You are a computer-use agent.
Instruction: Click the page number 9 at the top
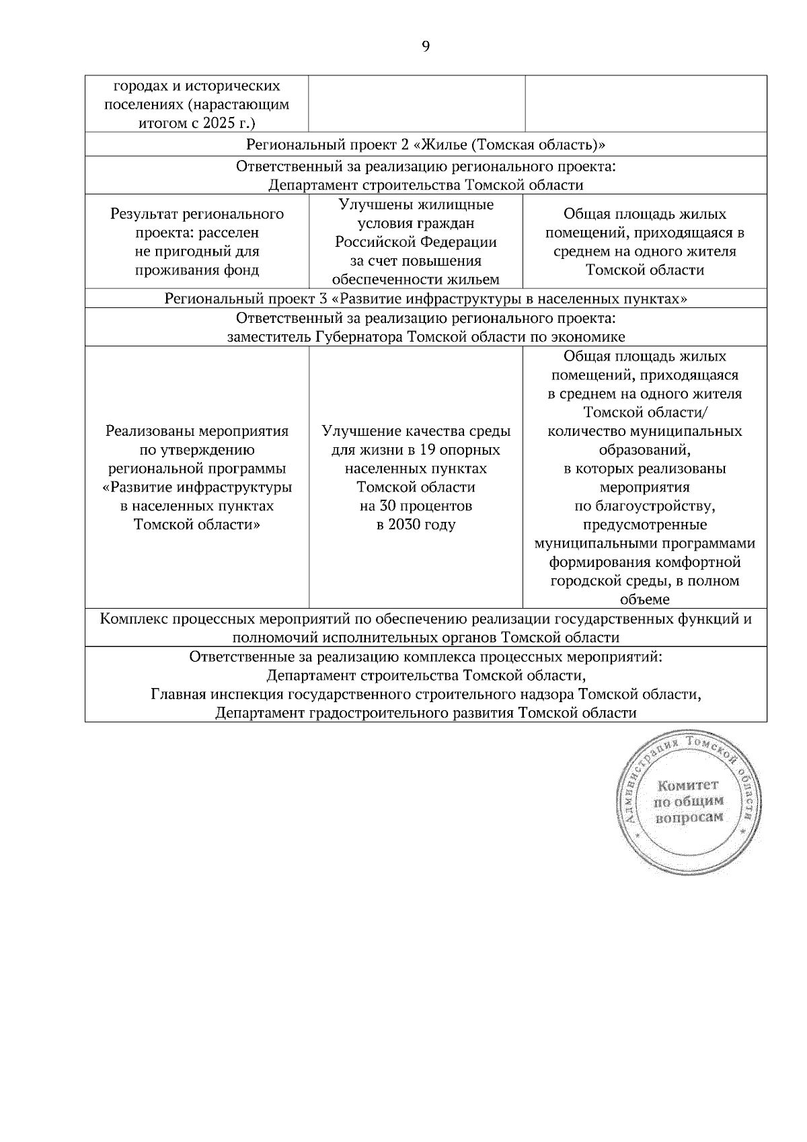(425, 46)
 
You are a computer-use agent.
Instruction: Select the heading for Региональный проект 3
(425, 299)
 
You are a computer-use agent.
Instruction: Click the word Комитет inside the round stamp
(688, 785)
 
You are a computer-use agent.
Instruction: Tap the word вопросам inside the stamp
(689, 817)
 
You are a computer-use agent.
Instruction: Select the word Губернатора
(358, 337)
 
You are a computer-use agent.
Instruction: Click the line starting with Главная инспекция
(426, 694)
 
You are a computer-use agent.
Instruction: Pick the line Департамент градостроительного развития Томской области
(426, 713)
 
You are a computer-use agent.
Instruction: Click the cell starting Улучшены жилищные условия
(416, 242)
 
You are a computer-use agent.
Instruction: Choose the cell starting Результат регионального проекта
(196, 242)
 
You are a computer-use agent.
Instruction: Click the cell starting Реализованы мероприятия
(196, 478)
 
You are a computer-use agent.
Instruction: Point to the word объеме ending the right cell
(644, 599)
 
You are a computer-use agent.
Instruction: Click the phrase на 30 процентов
(416, 506)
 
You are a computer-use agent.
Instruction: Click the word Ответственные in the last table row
(233, 656)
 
